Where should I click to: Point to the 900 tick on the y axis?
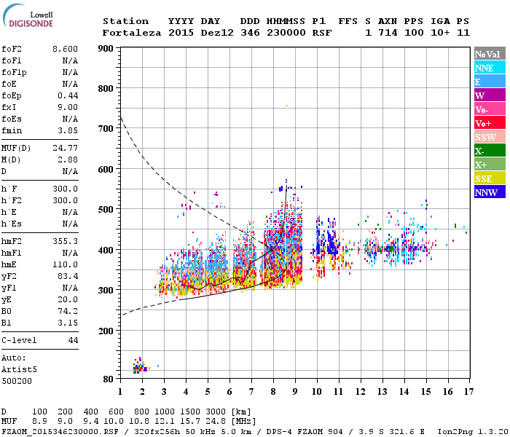[x=106, y=49]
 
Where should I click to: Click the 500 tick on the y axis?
[x=106, y=210]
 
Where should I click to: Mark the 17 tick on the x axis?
[x=467, y=393]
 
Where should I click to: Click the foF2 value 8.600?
[x=65, y=48]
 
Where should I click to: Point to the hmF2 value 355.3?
[x=65, y=240]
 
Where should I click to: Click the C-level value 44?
[x=73, y=340]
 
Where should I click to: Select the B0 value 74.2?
[x=68, y=311]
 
